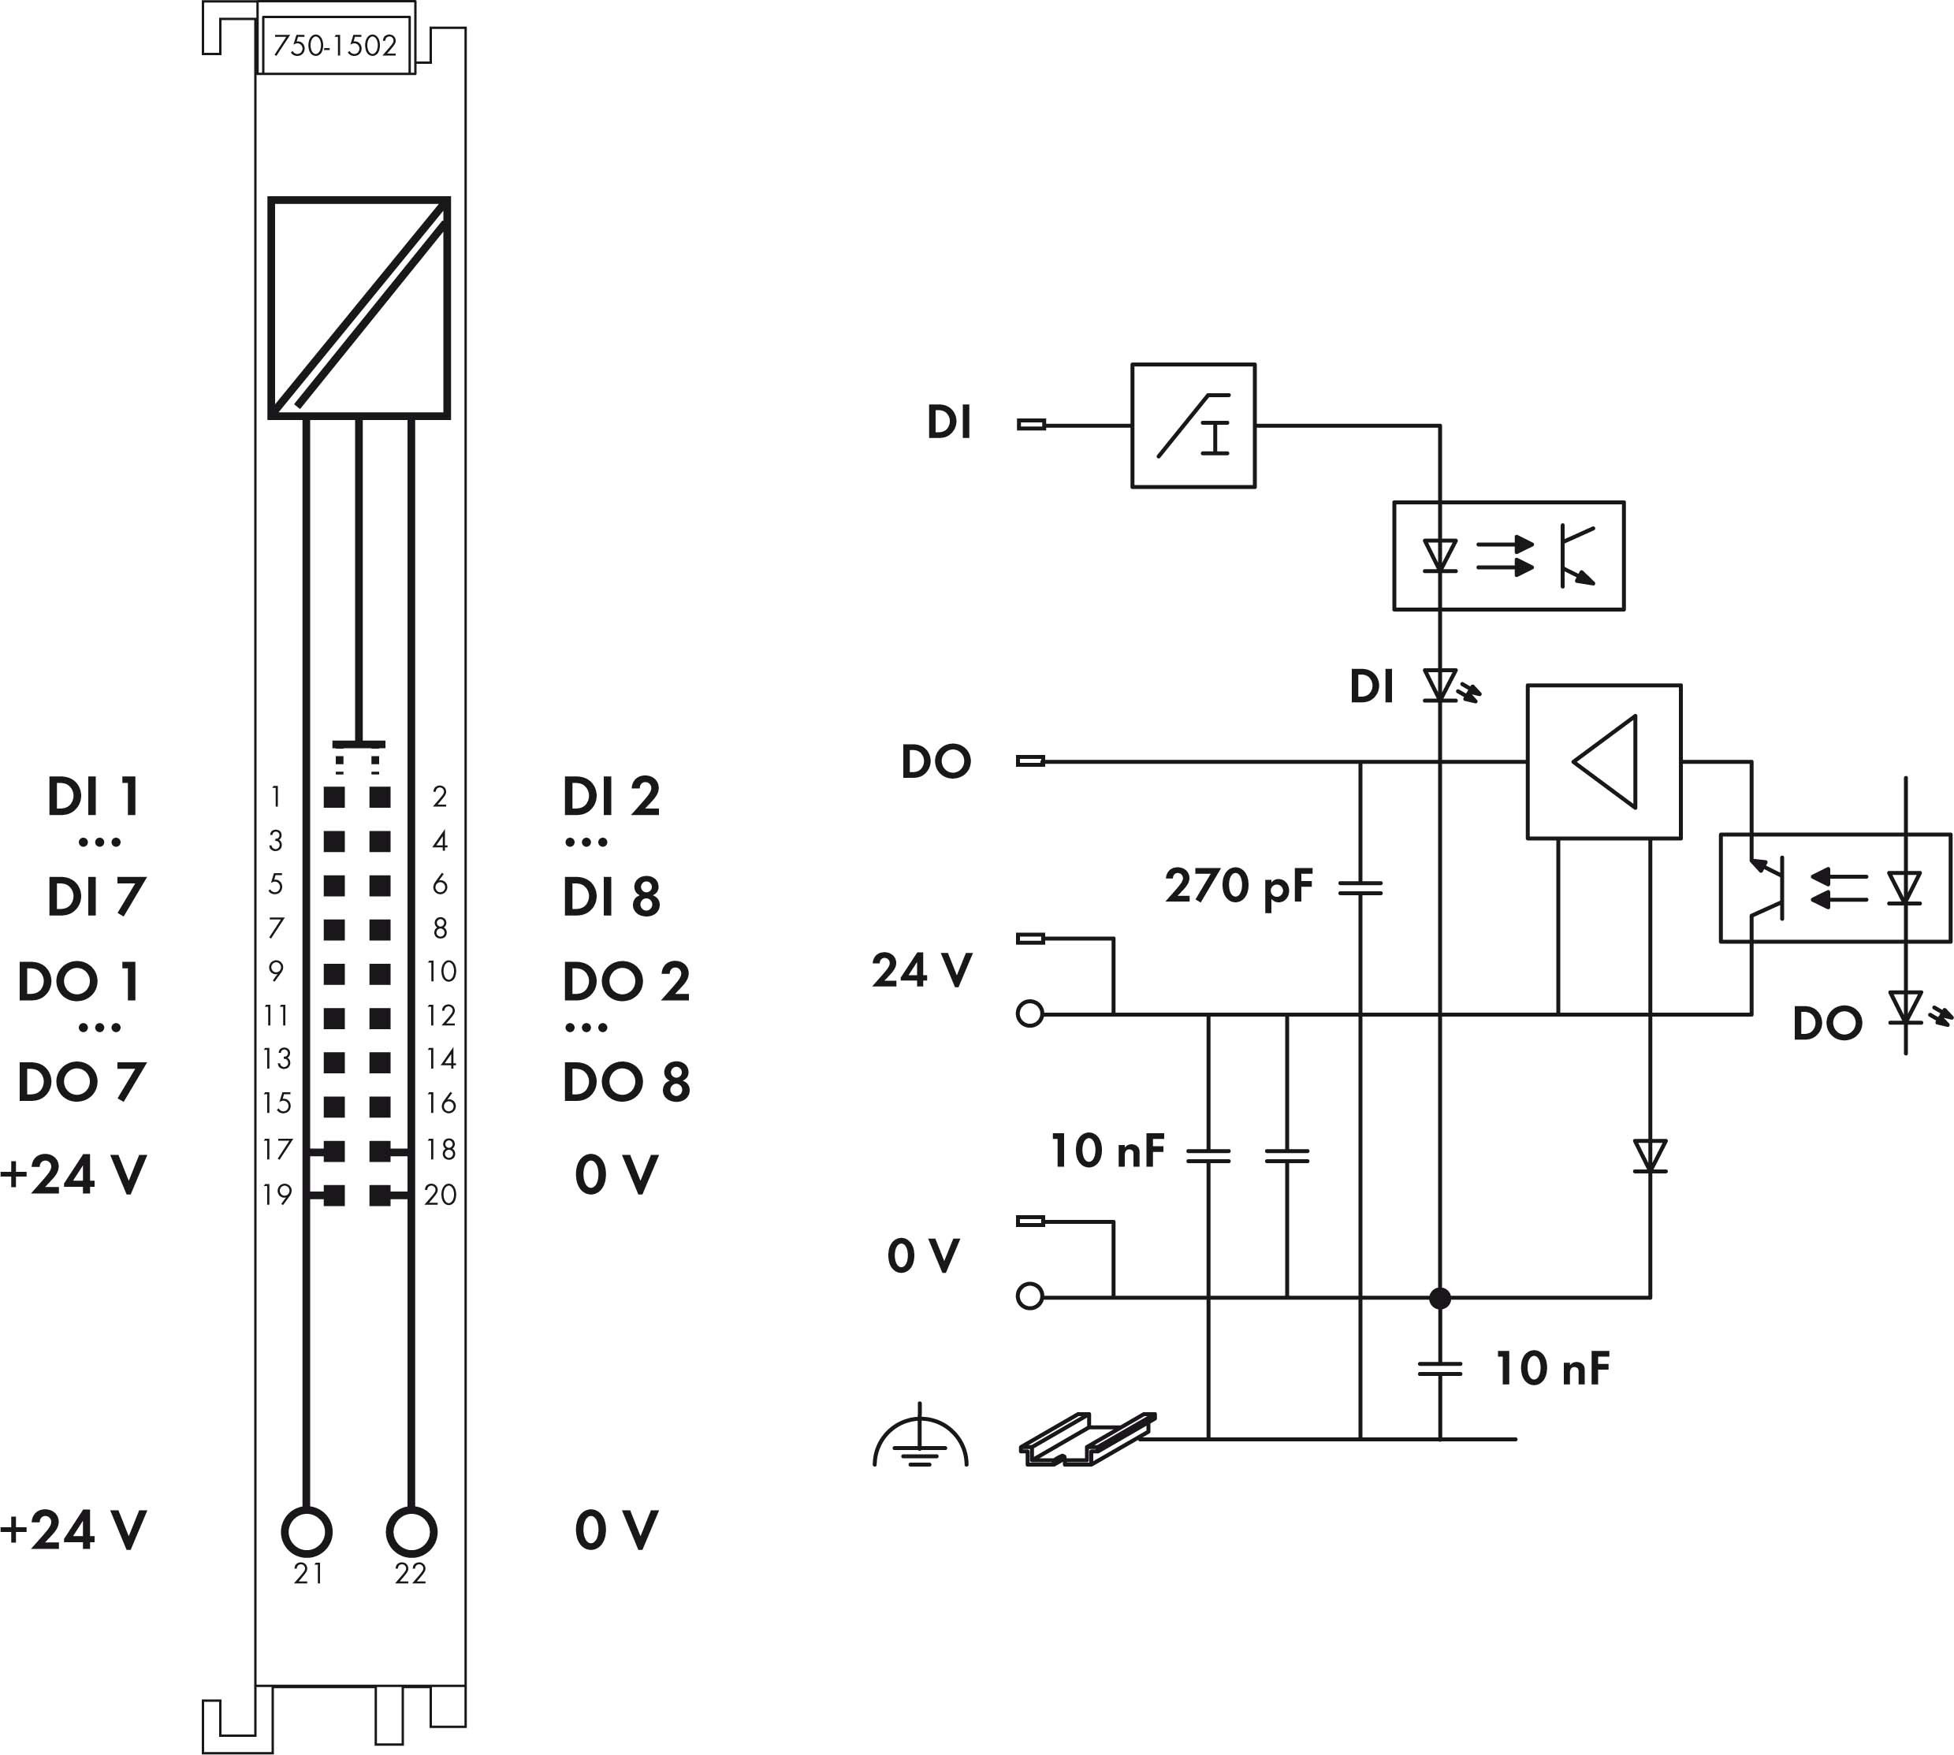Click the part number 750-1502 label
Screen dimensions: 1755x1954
tap(335, 46)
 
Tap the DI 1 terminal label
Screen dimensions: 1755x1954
tap(95, 797)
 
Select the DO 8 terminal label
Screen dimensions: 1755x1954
tap(626, 1081)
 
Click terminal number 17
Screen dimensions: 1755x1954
tap(277, 1148)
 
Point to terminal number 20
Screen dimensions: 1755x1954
tap(440, 1195)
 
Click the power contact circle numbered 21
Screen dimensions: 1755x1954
tap(307, 1530)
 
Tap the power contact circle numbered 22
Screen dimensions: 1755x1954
tap(411, 1530)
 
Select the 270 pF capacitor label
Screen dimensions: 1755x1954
tap(1238, 885)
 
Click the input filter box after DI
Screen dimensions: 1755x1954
tap(1193, 426)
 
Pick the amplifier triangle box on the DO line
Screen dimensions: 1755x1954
tap(1604, 762)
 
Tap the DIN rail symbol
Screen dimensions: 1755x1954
tap(1087, 1440)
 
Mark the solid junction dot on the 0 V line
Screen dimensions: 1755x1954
tap(1440, 1298)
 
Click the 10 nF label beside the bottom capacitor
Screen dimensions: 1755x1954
tap(1552, 1368)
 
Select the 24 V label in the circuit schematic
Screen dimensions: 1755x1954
tap(922, 970)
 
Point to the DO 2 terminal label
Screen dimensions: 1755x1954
tap(626, 982)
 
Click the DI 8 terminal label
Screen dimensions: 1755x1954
tap(612, 897)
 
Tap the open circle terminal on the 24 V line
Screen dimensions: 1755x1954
tap(1030, 1014)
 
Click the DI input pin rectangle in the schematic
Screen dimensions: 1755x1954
tap(1031, 424)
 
